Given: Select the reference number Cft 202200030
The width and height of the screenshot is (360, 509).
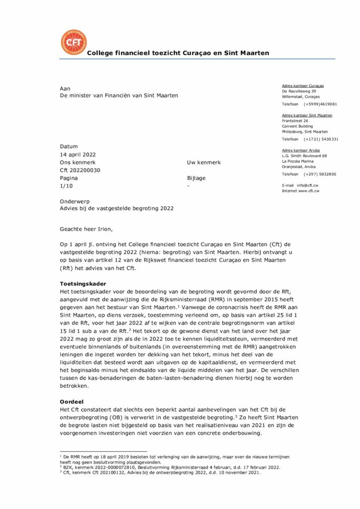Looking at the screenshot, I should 80,170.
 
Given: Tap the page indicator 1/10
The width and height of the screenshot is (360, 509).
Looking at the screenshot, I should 66,185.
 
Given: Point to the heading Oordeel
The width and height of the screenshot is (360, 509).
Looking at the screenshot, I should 71,401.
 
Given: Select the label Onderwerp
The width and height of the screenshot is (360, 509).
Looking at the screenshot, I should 75,201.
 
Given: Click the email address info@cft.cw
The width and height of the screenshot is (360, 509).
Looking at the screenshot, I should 308,185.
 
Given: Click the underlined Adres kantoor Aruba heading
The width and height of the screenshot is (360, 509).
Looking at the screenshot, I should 301,150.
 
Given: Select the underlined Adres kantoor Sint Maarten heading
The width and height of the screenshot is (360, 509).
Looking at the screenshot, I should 307,115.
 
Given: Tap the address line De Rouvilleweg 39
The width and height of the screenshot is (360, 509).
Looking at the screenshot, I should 299,91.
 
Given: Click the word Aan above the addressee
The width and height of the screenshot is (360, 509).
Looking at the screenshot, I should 65,88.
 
